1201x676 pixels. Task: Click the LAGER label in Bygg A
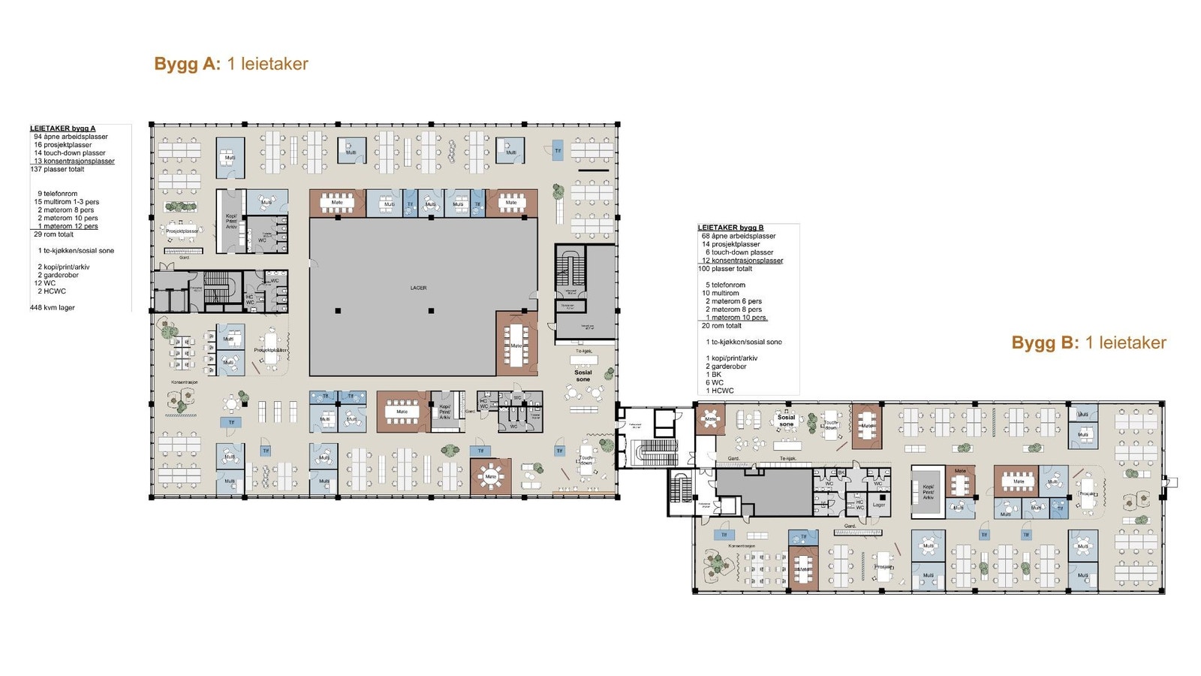(418, 288)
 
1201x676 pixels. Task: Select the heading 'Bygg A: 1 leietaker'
(231, 64)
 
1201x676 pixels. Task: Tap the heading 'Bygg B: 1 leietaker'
(1088, 343)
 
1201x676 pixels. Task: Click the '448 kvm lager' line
(53, 307)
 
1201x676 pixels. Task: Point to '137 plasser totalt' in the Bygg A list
(57, 169)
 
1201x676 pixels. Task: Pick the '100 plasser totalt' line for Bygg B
(725, 269)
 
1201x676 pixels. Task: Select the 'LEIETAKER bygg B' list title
(730, 228)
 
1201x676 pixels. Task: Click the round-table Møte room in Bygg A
(491, 477)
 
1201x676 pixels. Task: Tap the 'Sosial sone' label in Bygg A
(583, 376)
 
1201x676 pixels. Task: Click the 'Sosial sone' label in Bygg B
(786, 421)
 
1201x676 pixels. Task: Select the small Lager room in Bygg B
(879, 504)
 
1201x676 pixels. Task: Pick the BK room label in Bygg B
(841, 472)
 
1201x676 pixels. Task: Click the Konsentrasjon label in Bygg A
(184, 382)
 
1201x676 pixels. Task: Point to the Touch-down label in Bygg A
(586, 460)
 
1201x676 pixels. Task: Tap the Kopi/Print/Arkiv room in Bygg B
(928, 492)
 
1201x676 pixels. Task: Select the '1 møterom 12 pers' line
(68, 226)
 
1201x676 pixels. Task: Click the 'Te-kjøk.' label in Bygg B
(787, 458)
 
